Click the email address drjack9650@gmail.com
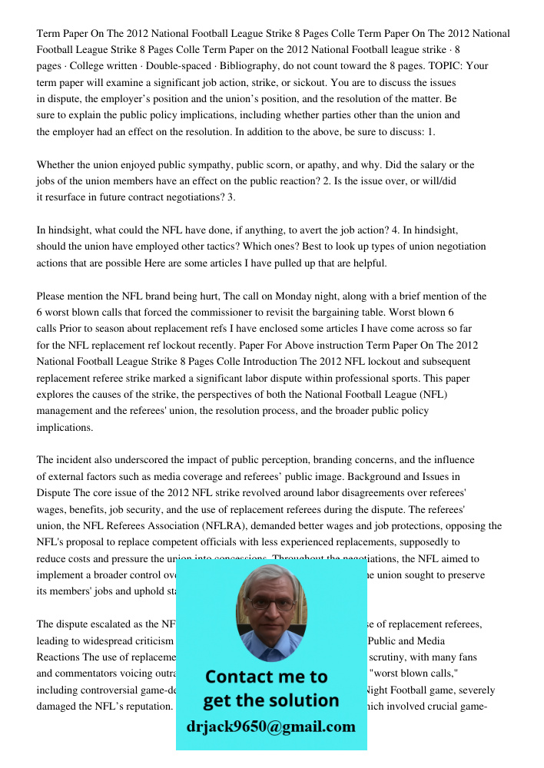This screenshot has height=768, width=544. tap(271, 727)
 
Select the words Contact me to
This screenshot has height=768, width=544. tap(266, 677)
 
